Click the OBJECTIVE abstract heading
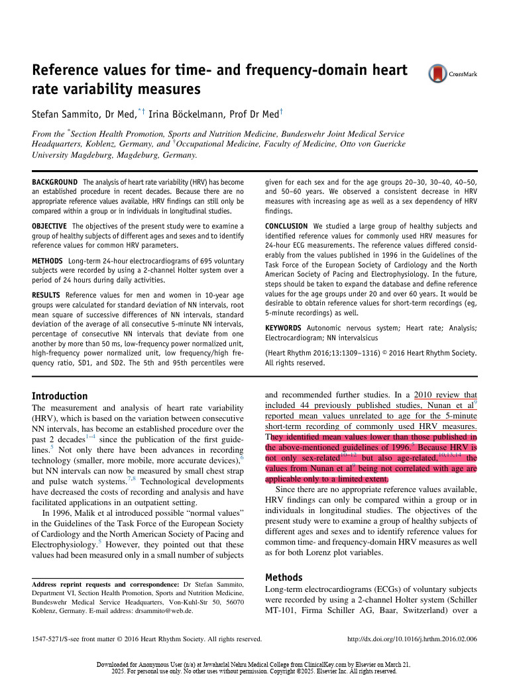point(53,226)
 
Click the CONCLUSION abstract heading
point(287,226)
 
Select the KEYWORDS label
point(283,328)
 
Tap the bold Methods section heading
point(284,577)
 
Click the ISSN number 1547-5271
point(52,640)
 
